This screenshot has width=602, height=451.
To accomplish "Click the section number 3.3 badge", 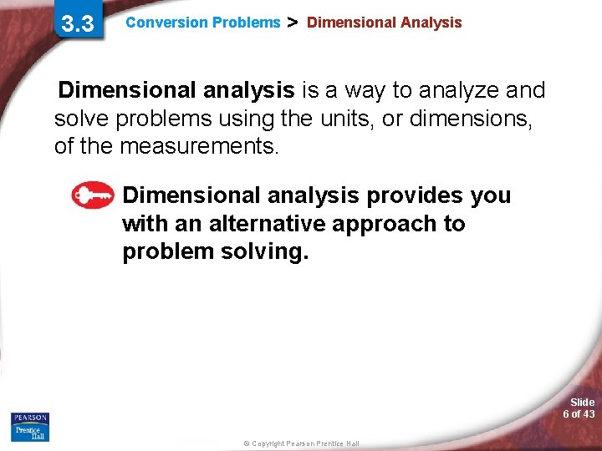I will tap(78, 23).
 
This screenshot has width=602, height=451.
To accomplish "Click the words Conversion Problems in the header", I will tap(203, 23).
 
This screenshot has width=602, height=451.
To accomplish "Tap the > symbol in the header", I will tap(293, 23).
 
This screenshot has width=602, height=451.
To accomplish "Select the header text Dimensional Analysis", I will tap(384, 23).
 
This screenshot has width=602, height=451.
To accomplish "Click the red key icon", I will tap(92, 195).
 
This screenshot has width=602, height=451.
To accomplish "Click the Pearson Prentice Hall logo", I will tap(30, 427).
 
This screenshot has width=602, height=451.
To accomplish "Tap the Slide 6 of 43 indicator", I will tap(579, 408).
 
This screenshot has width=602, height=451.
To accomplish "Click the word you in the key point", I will tap(491, 195).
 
